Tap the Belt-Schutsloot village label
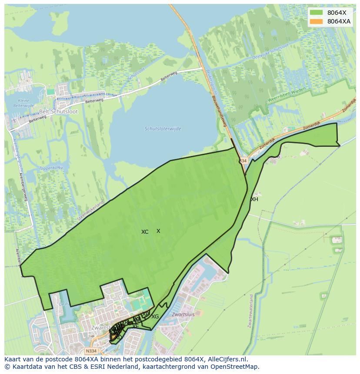[x=58, y=111]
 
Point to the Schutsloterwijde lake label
[x=163, y=129]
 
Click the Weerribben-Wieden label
[x=287, y=95]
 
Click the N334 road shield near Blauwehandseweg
[x=242, y=161]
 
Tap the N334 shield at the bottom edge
[x=91, y=351]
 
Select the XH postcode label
[x=254, y=199]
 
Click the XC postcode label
[x=145, y=232]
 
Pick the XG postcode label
[x=155, y=317]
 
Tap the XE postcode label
[x=136, y=326]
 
